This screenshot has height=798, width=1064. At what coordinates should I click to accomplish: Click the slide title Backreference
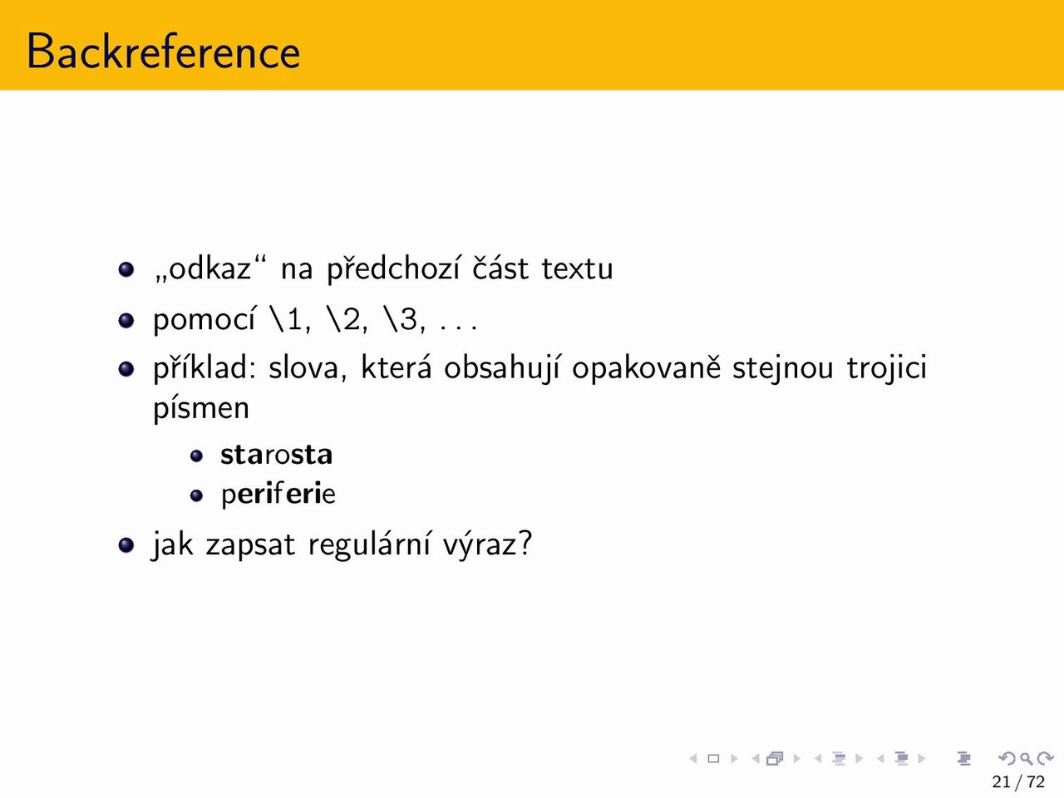coord(164,52)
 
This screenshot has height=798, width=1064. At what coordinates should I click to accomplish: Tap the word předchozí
coord(393,268)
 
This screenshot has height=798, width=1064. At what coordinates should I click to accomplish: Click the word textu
coord(577,268)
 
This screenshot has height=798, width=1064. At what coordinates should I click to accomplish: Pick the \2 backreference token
coord(347,319)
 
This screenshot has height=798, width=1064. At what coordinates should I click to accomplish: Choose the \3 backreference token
coord(405,319)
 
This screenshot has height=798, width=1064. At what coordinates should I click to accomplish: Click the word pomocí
coord(204,319)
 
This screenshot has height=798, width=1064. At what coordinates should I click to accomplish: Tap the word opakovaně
coord(646,368)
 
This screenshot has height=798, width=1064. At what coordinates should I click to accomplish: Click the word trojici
coord(887,368)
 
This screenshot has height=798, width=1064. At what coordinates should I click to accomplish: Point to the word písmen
coord(201,409)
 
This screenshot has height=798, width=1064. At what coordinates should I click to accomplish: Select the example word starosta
coord(276,455)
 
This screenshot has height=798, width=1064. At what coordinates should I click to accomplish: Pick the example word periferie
coord(278,495)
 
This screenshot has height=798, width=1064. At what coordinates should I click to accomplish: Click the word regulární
coord(369,544)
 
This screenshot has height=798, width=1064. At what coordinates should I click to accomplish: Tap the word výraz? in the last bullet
coord(487,544)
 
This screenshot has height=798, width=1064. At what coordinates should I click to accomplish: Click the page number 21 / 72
coord(1018,781)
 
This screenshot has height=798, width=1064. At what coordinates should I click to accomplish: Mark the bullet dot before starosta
coord(196,456)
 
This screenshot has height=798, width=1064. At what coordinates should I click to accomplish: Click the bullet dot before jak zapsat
coord(126,545)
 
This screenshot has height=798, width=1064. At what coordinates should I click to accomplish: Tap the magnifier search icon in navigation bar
coord(1026,759)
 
